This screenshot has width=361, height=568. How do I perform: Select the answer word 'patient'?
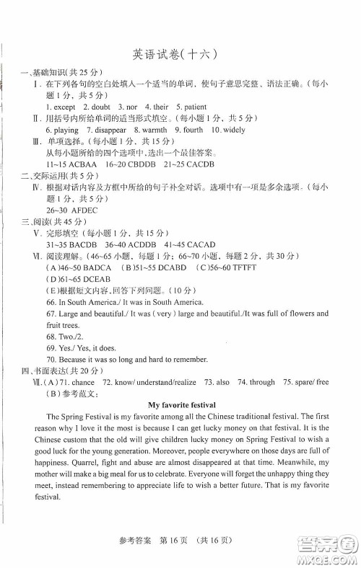coord(186,107)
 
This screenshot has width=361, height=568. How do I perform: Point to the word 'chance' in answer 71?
coord(84,382)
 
